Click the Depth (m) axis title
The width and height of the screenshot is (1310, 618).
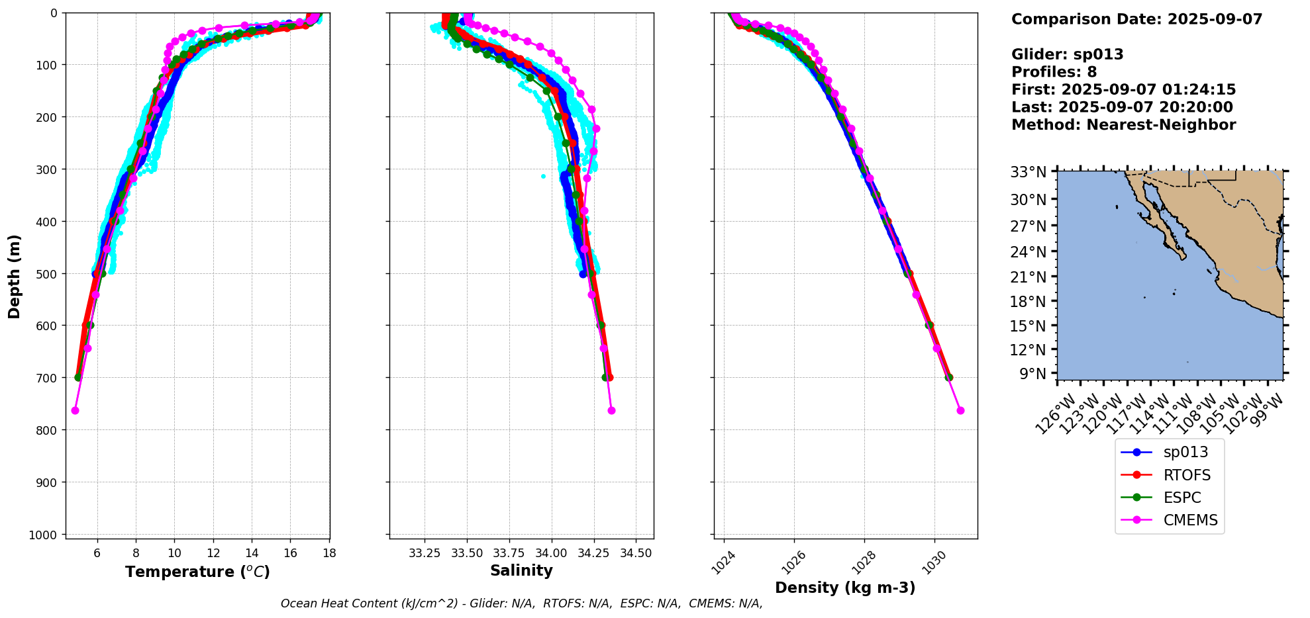tap(15, 276)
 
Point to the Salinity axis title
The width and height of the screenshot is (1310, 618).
tap(521, 570)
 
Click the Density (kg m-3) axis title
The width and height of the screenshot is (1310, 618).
tap(845, 588)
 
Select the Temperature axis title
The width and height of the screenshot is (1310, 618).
tap(197, 572)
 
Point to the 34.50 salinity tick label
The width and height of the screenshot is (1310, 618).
tap(636, 552)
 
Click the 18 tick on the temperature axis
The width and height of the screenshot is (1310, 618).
tap(329, 552)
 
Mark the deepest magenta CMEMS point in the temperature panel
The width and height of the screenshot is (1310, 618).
tap(75, 411)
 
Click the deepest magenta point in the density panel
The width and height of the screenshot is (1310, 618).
tap(960, 411)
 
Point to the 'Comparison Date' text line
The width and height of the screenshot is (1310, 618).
tap(1136, 19)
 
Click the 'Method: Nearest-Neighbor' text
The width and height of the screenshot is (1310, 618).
tap(1123, 125)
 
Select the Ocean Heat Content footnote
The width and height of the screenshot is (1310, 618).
tap(521, 603)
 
